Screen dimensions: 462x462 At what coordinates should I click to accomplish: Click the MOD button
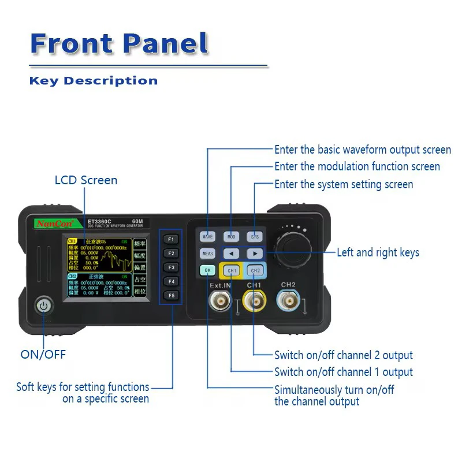[x=231, y=237]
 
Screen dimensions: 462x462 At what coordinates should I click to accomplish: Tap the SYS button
[x=255, y=237]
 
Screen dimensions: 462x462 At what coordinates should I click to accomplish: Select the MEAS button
[x=207, y=254]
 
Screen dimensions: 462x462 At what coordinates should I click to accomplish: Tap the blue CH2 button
[x=255, y=270]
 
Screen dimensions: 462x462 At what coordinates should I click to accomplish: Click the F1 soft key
[x=171, y=239]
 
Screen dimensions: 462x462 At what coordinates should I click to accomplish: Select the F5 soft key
[x=171, y=296]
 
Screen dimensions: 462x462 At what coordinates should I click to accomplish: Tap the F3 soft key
[x=171, y=267]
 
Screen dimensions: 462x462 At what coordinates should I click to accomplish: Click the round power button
[x=43, y=305]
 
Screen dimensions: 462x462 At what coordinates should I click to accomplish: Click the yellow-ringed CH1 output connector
[x=254, y=301]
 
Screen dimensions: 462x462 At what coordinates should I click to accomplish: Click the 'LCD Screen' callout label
[x=85, y=180]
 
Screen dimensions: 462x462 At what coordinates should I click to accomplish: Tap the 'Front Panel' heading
[x=119, y=43]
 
